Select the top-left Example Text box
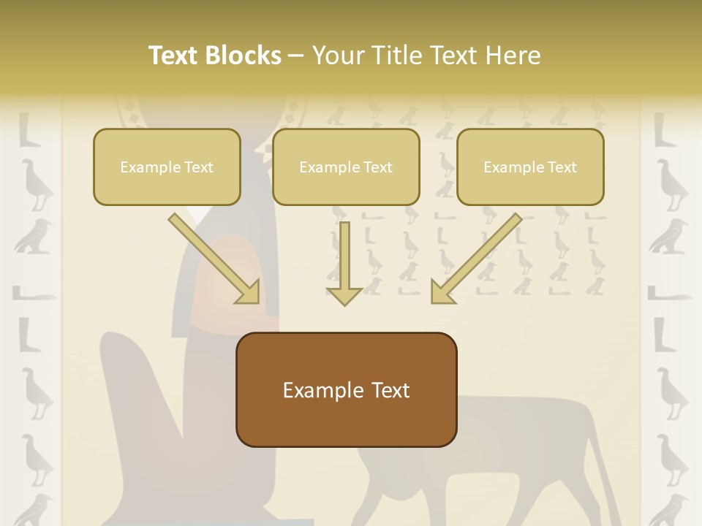tap(167, 167)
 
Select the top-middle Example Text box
tap(346, 167)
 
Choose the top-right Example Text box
tap(530, 167)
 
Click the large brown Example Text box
tap(346, 389)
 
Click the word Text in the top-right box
tap(562, 167)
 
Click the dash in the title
tap(297, 56)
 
